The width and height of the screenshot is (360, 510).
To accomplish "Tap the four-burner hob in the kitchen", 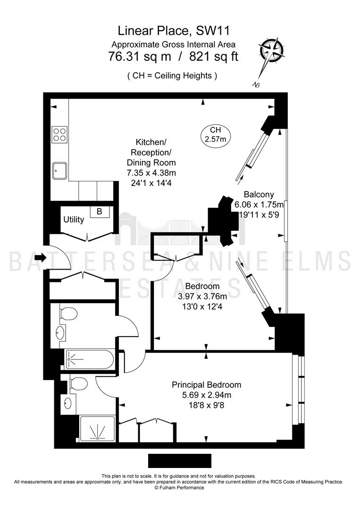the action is [x=59, y=134].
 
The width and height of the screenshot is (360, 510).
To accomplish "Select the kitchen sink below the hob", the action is [x=59, y=171].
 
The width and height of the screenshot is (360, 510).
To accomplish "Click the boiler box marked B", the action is [x=100, y=212].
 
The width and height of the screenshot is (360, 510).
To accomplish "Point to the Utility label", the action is [x=74, y=220].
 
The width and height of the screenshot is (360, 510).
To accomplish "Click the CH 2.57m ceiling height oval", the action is [x=216, y=135].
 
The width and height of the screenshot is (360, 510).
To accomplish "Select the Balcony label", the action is [x=259, y=195].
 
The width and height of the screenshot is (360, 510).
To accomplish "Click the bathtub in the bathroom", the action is [x=89, y=359].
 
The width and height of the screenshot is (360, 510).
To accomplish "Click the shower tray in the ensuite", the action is [x=97, y=429].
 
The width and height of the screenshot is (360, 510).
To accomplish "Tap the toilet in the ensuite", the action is [x=78, y=384].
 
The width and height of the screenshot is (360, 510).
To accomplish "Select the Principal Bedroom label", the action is [x=207, y=385].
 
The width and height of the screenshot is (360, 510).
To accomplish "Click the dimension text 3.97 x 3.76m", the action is [x=203, y=296].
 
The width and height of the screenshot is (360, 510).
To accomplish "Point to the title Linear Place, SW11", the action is [x=174, y=31].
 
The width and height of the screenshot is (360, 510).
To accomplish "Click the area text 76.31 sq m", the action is [x=140, y=57].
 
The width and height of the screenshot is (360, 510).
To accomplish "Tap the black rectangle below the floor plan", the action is [x=180, y=461].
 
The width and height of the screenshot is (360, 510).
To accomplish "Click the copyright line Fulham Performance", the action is [x=179, y=487].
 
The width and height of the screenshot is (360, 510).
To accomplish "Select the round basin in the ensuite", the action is [x=68, y=403].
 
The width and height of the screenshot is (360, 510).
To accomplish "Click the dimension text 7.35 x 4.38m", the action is [x=151, y=173].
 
